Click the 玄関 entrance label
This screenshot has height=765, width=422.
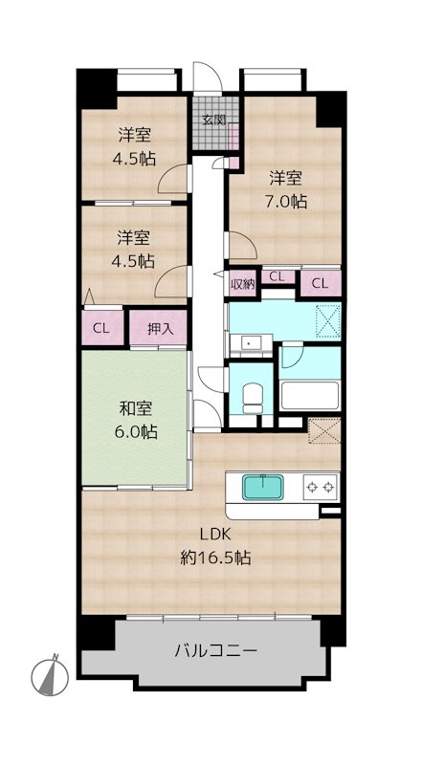(214, 120)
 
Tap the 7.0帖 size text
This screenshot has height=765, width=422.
(286, 201)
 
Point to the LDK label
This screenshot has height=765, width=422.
(215, 535)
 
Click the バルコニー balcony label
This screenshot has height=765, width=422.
(215, 650)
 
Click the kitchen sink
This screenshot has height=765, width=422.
(263, 487)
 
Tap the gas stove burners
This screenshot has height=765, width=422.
(321, 487)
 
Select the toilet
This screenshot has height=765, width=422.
(252, 398)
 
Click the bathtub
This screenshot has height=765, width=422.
(310, 395)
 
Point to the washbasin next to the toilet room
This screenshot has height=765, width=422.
(251, 344)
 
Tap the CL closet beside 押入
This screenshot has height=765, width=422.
(102, 328)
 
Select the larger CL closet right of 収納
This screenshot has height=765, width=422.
(321, 283)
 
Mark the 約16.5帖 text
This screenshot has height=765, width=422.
(215, 557)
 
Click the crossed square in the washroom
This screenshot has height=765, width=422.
(327, 321)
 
